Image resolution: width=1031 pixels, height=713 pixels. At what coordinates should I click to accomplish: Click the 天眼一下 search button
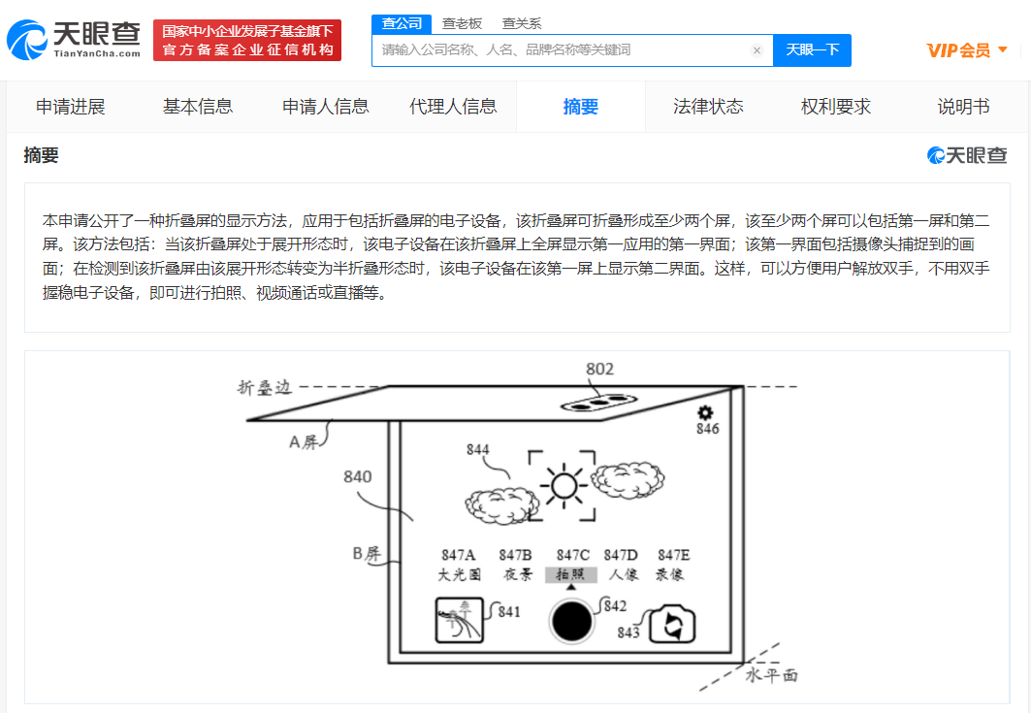[x=812, y=50]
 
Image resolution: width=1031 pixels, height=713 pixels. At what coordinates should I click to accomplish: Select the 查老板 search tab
[x=463, y=23]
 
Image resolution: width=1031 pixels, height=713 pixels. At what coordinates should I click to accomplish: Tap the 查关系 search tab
[x=522, y=23]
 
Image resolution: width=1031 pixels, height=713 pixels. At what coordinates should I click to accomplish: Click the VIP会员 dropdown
[x=967, y=50]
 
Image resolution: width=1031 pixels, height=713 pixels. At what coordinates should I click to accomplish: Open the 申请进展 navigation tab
[x=71, y=107]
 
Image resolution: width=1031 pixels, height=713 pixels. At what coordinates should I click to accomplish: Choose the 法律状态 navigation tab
[x=708, y=107]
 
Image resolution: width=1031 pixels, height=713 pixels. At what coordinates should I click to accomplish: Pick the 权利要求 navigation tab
[x=836, y=107]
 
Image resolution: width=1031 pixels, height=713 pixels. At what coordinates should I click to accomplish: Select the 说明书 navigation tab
[x=963, y=107]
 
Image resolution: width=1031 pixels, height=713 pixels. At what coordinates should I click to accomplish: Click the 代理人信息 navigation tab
[x=453, y=107]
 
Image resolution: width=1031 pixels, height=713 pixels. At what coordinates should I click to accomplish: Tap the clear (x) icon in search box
[x=757, y=50]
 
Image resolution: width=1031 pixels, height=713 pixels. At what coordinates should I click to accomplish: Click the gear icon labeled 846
[x=705, y=412]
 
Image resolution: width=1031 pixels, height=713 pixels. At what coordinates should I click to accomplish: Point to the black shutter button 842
[x=571, y=621]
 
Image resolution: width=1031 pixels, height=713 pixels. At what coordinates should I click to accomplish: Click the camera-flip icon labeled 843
[x=672, y=624]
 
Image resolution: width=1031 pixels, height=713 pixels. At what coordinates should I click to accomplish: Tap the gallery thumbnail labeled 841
[x=460, y=620]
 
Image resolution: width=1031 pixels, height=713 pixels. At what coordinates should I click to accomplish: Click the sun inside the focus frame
[x=564, y=486]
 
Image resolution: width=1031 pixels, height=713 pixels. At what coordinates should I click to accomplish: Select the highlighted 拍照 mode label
[x=570, y=574]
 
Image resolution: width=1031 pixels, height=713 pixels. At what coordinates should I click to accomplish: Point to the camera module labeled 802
[x=599, y=403]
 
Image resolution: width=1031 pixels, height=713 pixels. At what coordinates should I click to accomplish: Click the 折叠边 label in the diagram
[x=264, y=387]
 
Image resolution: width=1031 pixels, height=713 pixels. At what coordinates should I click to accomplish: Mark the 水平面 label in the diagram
[x=771, y=675]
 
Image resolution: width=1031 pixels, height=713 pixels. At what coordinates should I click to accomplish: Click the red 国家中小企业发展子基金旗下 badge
[x=247, y=40]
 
